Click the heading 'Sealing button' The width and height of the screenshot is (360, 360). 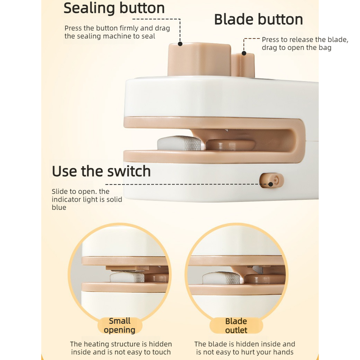114,9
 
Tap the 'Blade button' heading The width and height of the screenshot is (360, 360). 258,19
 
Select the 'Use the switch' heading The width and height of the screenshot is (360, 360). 101,171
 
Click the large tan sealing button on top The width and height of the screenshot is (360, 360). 199,59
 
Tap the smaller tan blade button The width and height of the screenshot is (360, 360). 243,65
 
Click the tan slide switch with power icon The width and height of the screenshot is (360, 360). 272,180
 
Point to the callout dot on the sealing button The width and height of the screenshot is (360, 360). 180,44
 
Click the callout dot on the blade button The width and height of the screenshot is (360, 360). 244,53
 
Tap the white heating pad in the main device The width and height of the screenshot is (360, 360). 180,143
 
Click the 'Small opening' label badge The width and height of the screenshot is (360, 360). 120,325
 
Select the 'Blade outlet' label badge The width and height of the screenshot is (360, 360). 236,325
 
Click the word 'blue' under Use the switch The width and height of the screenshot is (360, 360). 59,207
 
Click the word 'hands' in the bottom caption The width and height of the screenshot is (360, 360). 283,352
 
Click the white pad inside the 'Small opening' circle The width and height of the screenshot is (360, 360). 127,277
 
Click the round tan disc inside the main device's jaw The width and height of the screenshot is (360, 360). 230,145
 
